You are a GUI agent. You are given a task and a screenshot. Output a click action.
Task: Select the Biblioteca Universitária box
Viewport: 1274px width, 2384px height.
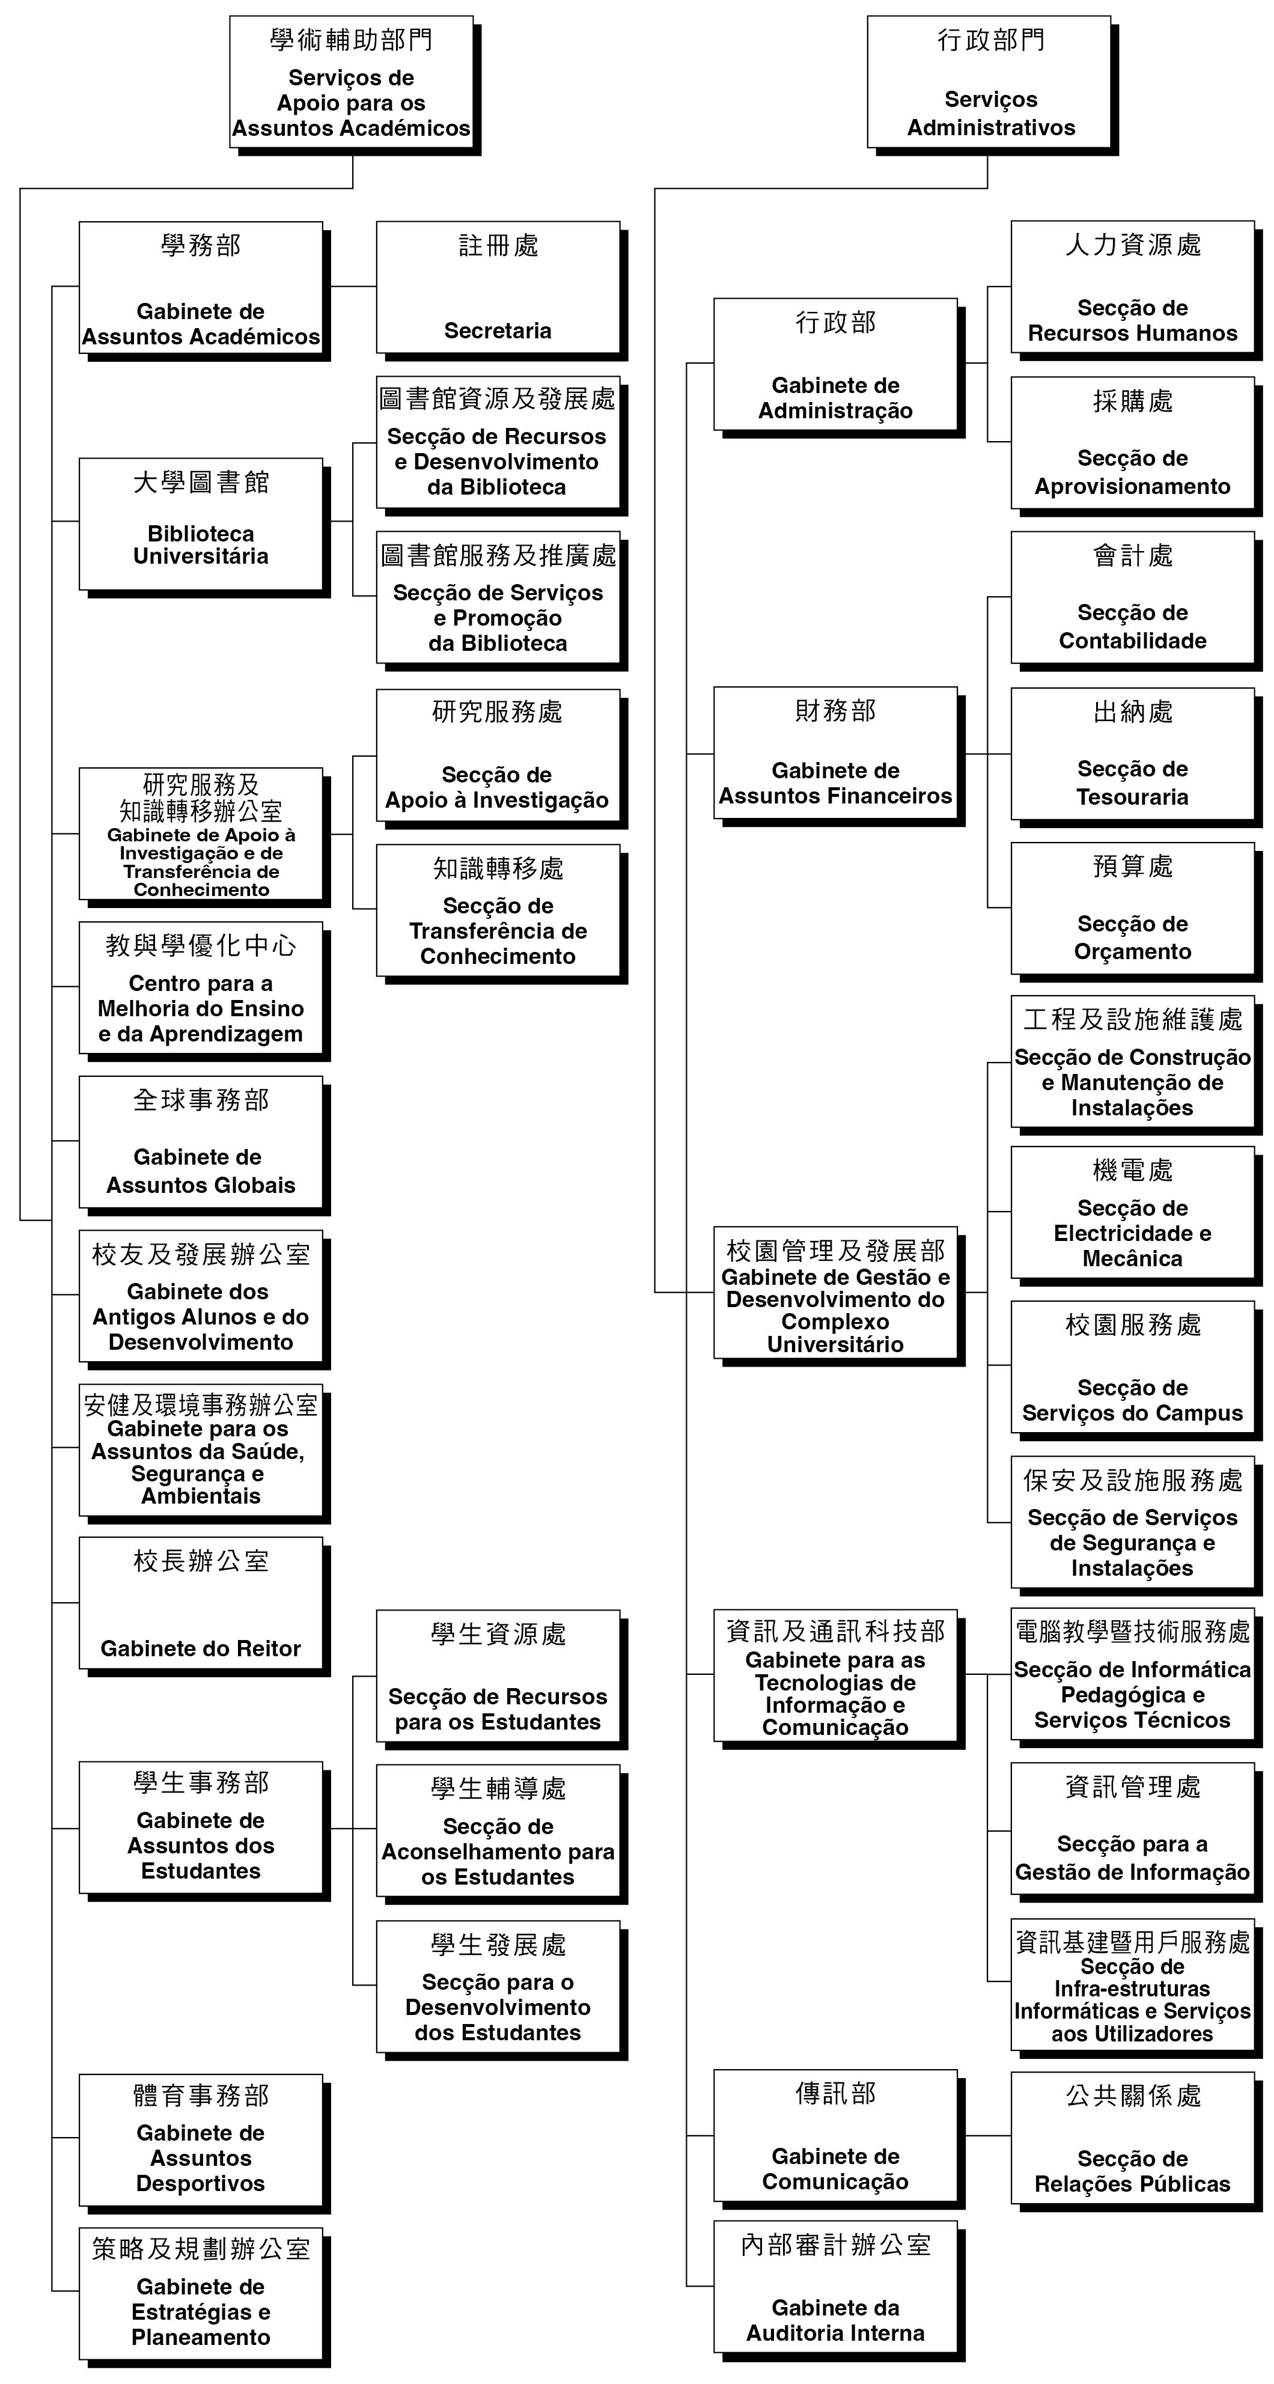coord(201,524)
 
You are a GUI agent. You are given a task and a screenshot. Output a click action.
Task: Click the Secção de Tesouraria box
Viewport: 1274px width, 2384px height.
coord(1132,754)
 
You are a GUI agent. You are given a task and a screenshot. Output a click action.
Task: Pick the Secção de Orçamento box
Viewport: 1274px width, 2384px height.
coord(1132,908)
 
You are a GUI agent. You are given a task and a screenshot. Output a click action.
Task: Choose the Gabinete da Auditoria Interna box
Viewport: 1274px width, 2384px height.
coord(835,2286)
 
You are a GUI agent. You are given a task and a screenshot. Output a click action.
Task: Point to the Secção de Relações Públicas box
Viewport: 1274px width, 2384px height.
coord(1132,2138)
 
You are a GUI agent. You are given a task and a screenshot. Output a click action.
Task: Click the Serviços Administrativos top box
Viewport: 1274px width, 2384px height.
coord(989,82)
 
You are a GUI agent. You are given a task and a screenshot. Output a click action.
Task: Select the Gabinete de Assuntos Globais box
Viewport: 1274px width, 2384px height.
coord(201,1142)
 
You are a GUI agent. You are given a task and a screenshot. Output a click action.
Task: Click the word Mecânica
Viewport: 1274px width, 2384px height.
coord(1132,1258)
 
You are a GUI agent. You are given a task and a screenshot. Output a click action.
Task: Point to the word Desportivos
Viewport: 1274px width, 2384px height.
coord(201,2183)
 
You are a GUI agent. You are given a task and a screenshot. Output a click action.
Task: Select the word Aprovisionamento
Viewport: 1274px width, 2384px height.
coord(1132,487)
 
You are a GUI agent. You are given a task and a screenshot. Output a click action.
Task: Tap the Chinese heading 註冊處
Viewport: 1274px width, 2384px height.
coord(498,245)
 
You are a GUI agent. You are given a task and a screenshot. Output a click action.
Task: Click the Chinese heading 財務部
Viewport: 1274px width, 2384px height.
coord(835,711)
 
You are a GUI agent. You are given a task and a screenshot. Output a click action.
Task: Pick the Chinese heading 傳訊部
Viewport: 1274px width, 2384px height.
coord(835,2093)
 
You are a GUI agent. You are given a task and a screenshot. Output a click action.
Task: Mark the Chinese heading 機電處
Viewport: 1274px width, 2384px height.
coord(1132,1171)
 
